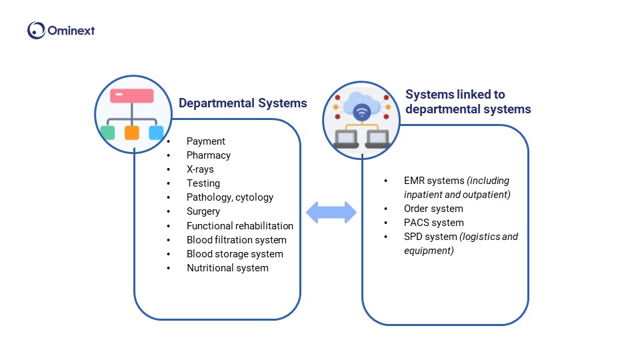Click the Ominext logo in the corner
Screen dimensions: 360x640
pos(61,30)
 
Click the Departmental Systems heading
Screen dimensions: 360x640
pos(243,103)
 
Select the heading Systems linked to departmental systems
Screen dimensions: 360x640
pos(468,101)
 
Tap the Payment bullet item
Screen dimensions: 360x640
pos(205,141)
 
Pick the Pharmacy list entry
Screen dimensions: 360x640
pos(208,155)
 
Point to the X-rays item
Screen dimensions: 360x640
pos(200,169)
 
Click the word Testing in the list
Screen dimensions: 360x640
pos(203,183)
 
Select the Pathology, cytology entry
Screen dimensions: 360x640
pos(229,197)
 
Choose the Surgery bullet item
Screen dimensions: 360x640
pos(203,211)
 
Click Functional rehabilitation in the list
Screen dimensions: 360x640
pos(239,226)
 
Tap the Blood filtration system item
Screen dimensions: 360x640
pos(236,240)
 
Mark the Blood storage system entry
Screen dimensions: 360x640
pos(235,254)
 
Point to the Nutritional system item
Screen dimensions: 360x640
pos(227,268)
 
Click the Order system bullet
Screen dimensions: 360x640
pos(433,209)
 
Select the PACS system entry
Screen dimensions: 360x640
pos(433,223)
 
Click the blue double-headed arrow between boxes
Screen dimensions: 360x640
pos(331,212)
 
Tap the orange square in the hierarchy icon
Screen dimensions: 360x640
pos(131,132)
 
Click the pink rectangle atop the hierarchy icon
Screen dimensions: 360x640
pos(131,95)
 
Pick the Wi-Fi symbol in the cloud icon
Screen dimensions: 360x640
pos(362,112)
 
